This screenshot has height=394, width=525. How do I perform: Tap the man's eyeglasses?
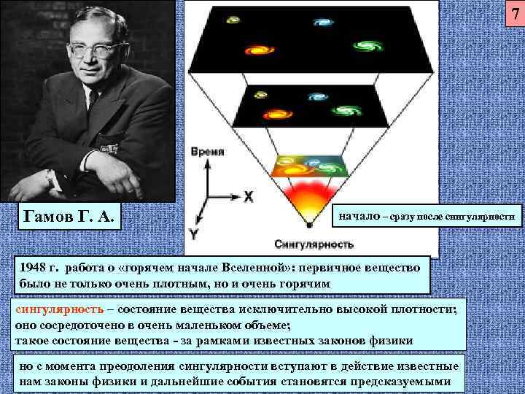(94, 50)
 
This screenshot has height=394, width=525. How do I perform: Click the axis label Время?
(207, 152)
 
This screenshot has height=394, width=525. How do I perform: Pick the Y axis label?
(194, 234)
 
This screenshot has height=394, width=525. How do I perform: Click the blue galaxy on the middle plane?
(316, 96)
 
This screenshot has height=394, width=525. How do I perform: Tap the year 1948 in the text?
(36, 269)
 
